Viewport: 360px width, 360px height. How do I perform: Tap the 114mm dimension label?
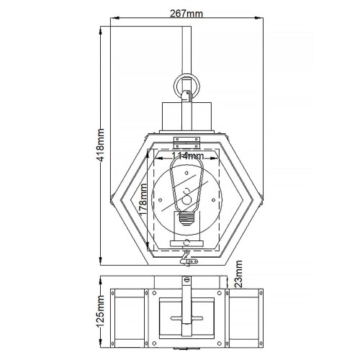185,156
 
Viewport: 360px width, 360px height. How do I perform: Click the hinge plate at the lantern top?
185,137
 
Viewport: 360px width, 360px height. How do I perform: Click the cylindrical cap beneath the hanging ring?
185,113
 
